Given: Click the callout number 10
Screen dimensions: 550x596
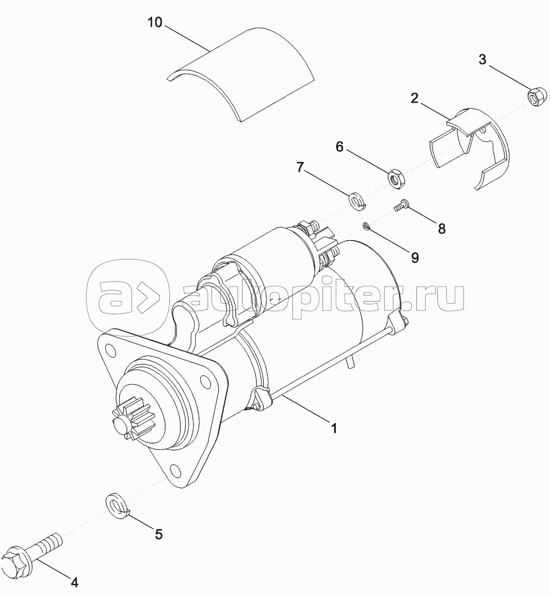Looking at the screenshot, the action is click(155, 22).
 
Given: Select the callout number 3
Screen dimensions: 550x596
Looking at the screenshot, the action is click(482, 60).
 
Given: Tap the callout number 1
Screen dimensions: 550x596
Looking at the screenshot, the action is click(334, 429).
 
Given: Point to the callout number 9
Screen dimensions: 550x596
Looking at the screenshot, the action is click(415, 258).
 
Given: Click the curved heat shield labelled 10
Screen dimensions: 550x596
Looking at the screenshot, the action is click(240, 74).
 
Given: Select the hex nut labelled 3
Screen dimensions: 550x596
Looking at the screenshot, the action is click(537, 97).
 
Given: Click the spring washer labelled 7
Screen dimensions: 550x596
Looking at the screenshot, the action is click(357, 200).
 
